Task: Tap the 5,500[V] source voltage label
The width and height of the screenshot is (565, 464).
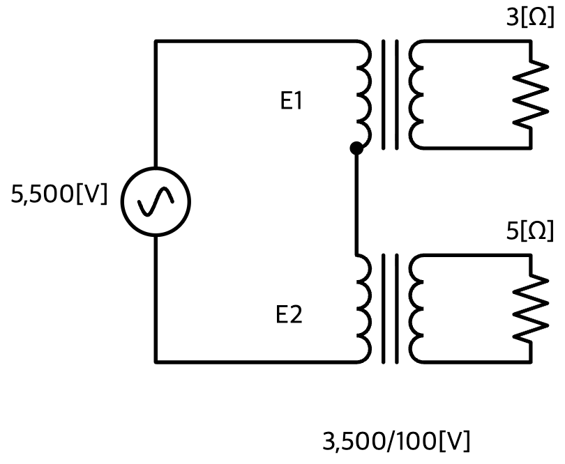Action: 59,194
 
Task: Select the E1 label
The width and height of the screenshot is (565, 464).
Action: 291,100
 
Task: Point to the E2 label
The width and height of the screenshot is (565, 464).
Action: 289,314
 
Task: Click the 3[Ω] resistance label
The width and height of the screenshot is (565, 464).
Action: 530,17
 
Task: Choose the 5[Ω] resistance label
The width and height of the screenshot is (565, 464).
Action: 530,231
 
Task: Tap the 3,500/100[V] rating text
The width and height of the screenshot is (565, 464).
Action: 396,441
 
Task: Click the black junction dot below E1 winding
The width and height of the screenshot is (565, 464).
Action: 356,148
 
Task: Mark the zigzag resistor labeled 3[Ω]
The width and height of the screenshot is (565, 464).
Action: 530,94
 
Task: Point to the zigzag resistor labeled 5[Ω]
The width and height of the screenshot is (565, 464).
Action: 530,308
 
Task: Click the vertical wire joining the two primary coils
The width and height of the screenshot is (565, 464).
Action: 356,201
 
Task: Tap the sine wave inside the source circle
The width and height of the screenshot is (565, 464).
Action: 156,201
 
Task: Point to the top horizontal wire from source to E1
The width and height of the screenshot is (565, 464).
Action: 256,42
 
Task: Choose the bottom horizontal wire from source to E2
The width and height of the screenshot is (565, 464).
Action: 256,362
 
